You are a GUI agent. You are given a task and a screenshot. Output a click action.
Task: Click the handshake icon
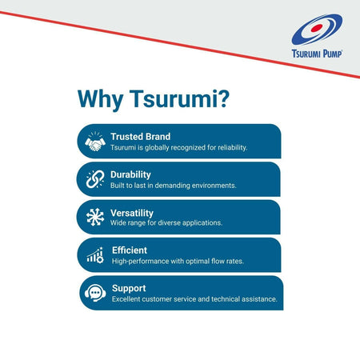[x=95, y=142]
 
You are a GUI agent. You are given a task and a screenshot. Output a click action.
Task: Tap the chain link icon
[x=95, y=179]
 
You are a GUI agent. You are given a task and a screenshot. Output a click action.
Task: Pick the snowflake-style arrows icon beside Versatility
[x=95, y=217]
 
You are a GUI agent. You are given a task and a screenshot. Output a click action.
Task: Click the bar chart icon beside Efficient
[x=95, y=254]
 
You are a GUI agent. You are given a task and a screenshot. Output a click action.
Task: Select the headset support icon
[x=95, y=293]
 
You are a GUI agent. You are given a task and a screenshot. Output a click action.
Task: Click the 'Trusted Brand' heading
[x=140, y=136]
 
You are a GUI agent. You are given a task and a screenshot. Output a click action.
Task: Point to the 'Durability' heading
[x=130, y=173]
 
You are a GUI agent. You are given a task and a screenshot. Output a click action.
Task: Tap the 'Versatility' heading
[x=132, y=211]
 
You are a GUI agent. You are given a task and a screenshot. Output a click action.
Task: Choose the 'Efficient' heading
[x=130, y=249]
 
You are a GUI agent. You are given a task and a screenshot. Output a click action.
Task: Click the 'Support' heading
[x=128, y=286]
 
